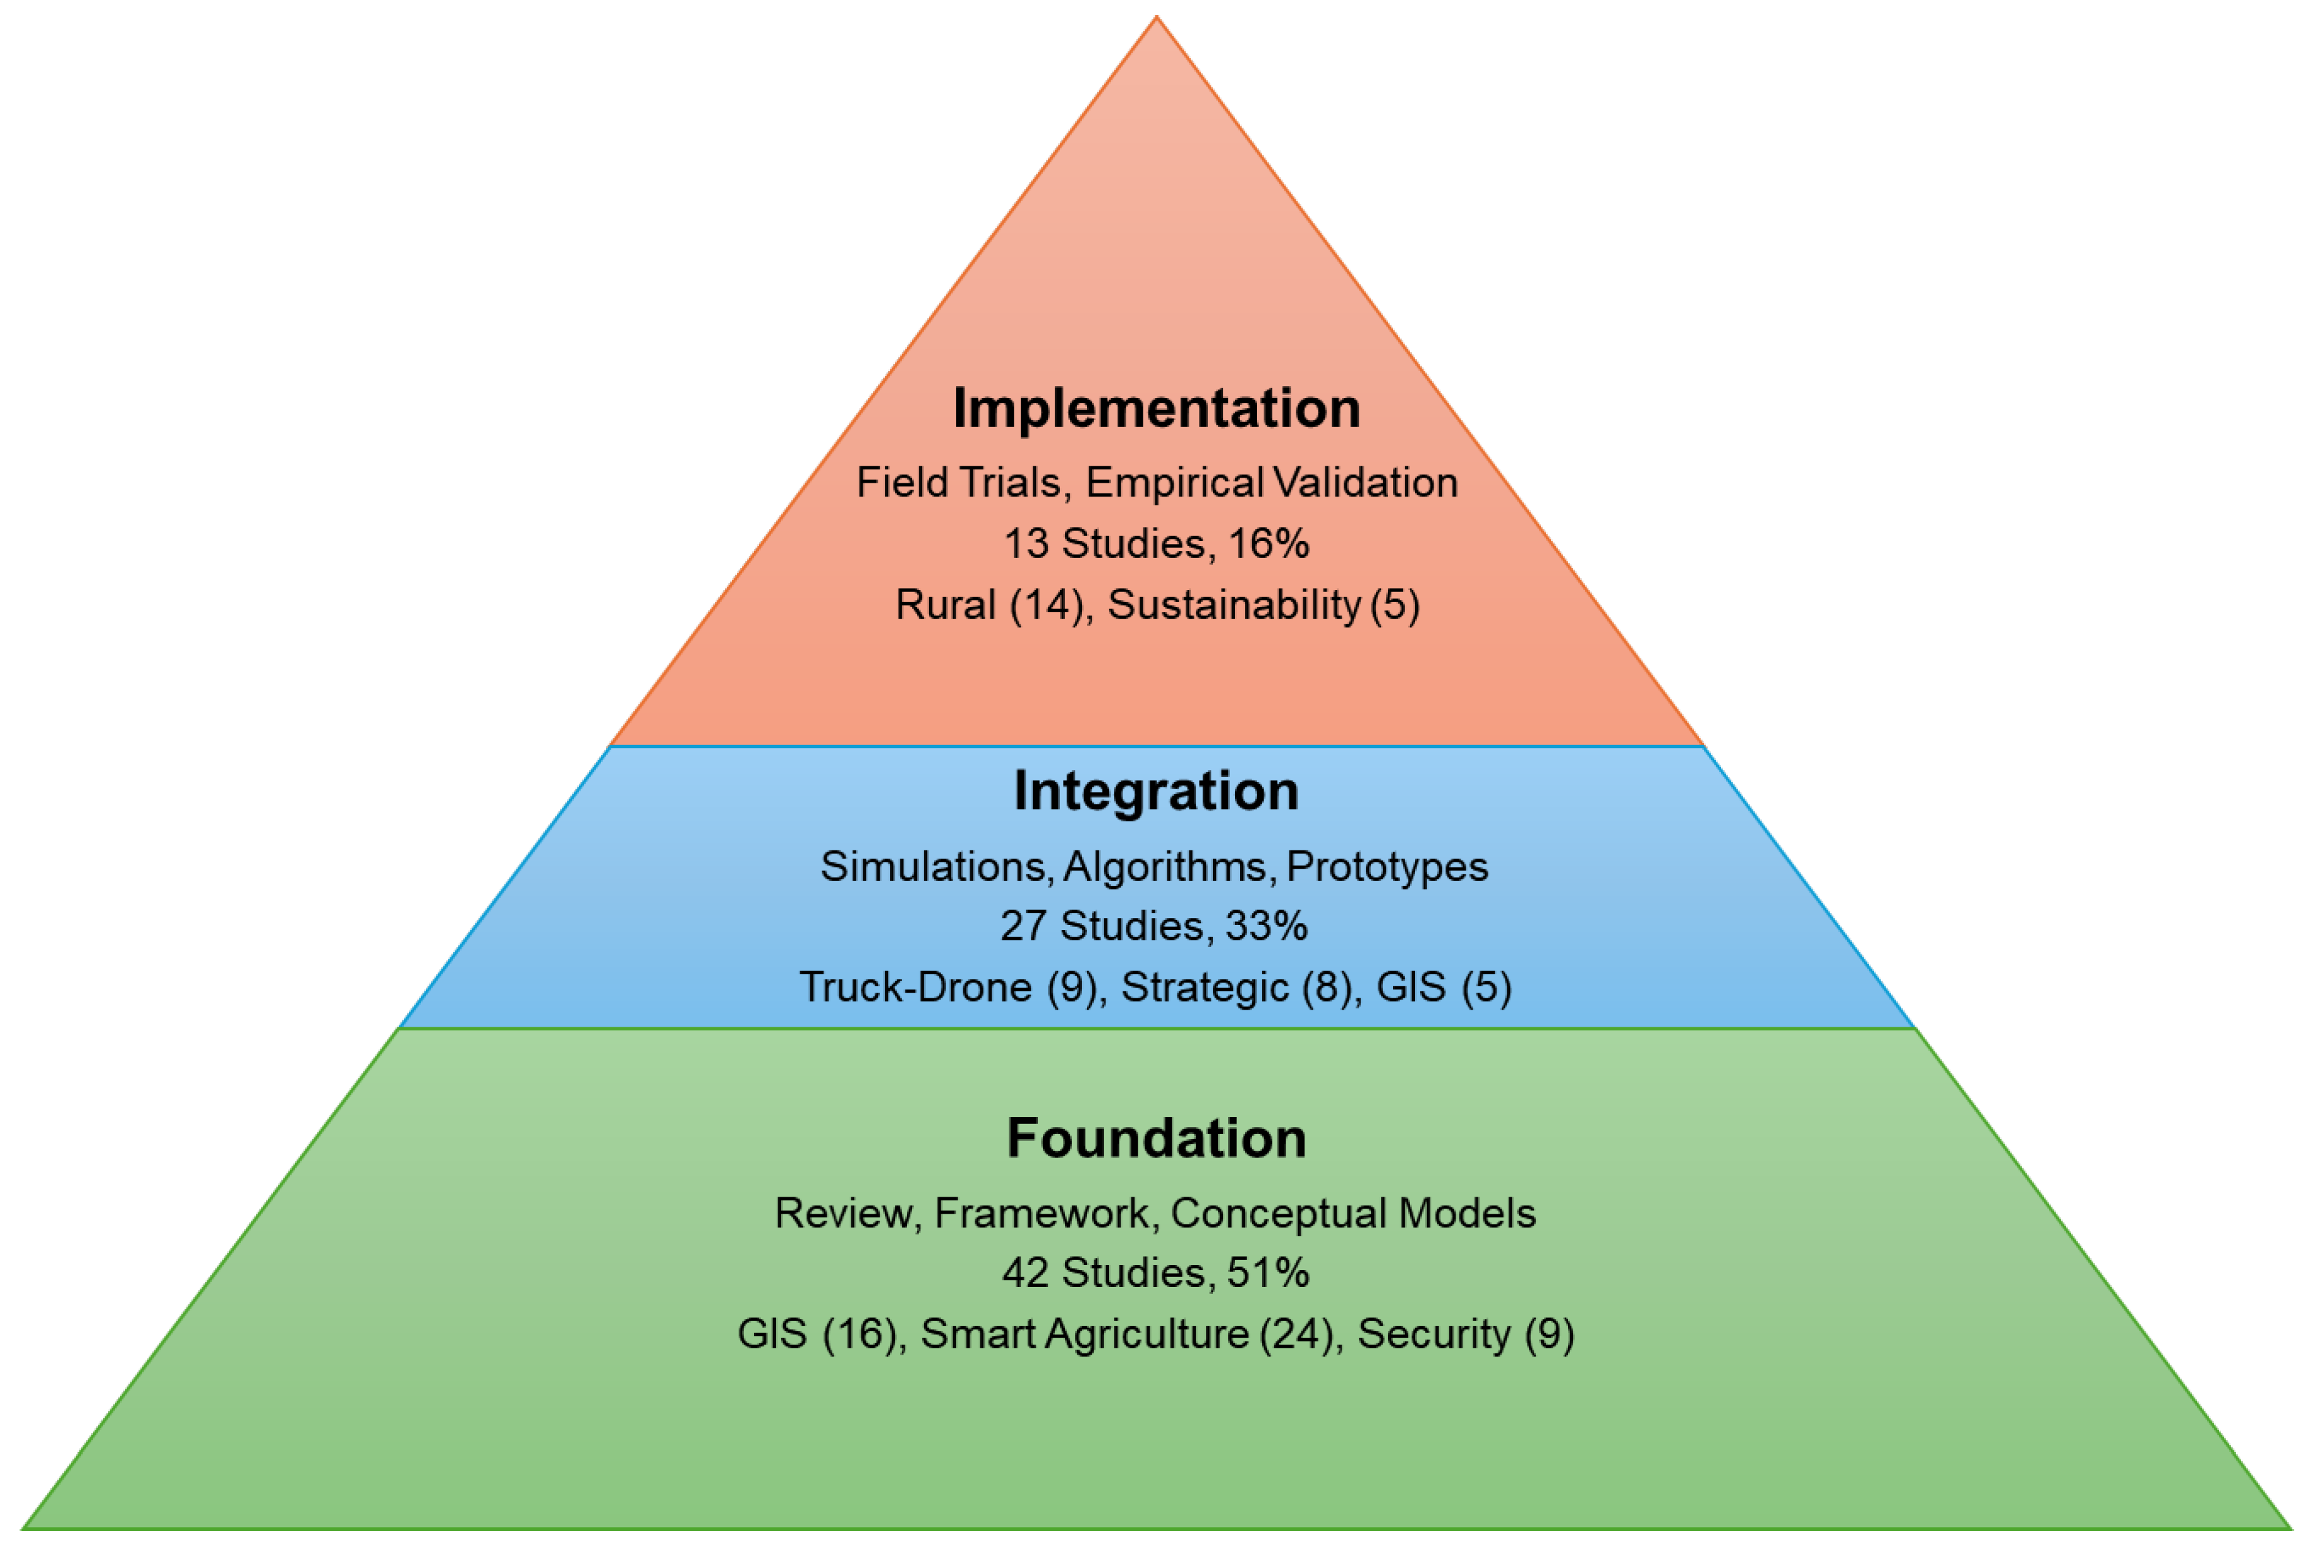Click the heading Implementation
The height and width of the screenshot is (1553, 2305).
[x=1156, y=408]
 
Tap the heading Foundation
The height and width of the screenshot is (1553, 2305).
[x=1156, y=1138]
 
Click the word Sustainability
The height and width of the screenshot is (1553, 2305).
[x=1233, y=605]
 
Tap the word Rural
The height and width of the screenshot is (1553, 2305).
[x=945, y=605]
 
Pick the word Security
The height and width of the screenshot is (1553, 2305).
[x=1433, y=1334]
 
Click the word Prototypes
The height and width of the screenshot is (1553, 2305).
[x=1387, y=867]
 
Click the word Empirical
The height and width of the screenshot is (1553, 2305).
[x=1174, y=483]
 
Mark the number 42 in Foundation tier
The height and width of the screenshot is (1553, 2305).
[x=1025, y=1272]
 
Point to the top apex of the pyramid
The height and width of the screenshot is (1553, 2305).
[x=1156, y=18]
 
